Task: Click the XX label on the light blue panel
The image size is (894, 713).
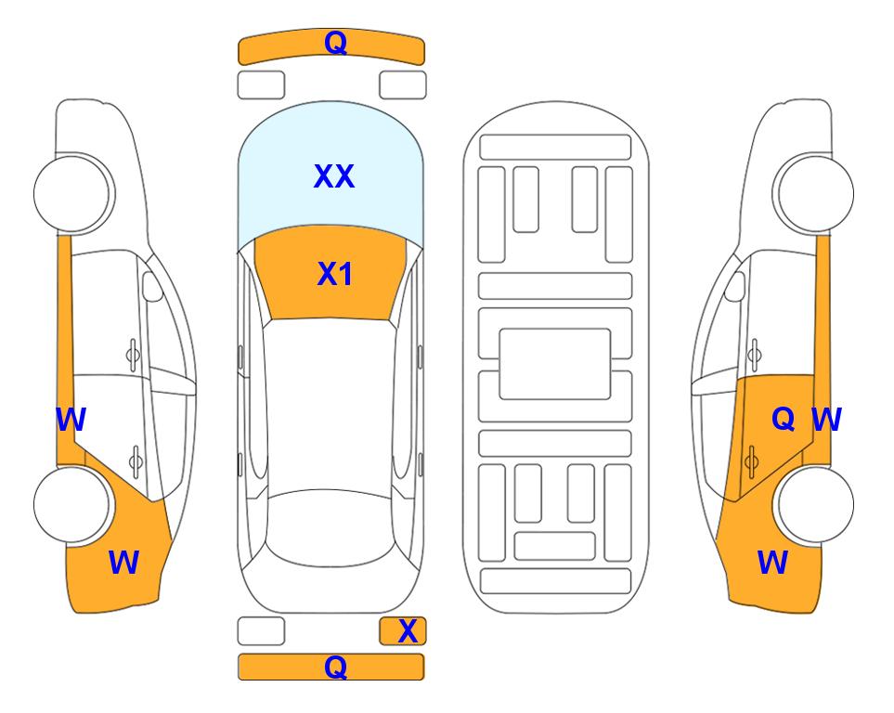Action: coord(334,176)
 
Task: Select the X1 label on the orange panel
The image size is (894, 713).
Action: coord(335,274)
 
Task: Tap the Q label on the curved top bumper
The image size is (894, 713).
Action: coord(335,42)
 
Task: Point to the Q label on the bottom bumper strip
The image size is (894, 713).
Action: coord(335,667)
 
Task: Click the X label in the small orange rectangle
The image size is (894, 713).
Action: coord(408,631)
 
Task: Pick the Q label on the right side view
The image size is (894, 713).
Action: coord(783,419)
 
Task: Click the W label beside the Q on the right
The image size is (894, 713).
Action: coord(826,420)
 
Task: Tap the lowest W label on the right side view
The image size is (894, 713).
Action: coord(772,562)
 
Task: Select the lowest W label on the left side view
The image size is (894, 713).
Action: coord(123,562)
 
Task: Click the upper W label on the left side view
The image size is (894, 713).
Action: coord(71,420)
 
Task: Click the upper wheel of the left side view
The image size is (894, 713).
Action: coord(73,193)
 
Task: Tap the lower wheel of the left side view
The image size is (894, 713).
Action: coord(73,504)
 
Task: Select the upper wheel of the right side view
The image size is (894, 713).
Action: coord(813,193)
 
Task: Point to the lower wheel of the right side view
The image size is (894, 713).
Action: coord(813,504)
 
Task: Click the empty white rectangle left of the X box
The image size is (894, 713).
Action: coord(261,631)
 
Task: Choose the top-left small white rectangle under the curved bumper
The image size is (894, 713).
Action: coord(261,85)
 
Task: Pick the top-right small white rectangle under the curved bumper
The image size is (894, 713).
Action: coord(403,85)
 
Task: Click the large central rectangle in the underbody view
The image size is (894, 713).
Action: coord(555,364)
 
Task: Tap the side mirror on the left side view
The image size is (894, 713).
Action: coord(152,286)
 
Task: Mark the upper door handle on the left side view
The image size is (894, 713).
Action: coord(132,356)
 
